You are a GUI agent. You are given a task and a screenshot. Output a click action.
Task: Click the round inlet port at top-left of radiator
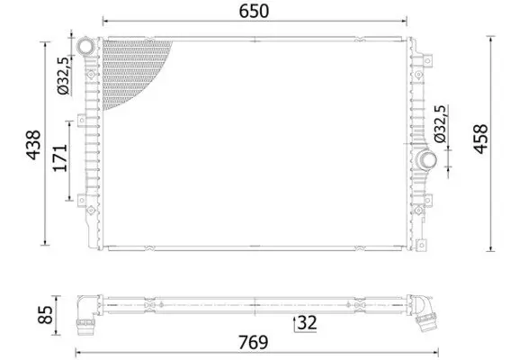click(85, 46)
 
